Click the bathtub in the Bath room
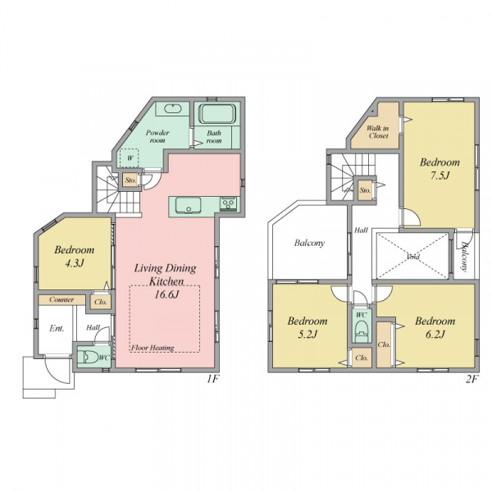click(x=217, y=114)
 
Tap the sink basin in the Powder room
click(x=173, y=108)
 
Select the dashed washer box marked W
click(x=129, y=157)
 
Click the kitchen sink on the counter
click(x=189, y=206)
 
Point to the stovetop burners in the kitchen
click(x=229, y=203)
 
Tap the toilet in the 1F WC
click(x=88, y=357)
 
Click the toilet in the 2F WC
click(x=361, y=331)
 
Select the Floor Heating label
click(x=153, y=348)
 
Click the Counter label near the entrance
click(x=61, y=299)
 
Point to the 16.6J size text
click(x=166, y=294)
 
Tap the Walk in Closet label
click(x=378, y=132)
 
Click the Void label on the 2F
click(x=413, y=257)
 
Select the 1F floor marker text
click(x=212, y=380)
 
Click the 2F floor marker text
click(x=471, y=380)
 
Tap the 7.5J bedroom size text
click(x=440, y=175)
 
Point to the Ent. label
click(x=57, y=329)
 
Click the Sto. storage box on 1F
click(x=130, y=180)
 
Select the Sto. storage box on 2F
click(x=365, y=190)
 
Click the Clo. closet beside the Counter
click(x=101, y=302)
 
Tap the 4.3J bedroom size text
click(x=75, y=263)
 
